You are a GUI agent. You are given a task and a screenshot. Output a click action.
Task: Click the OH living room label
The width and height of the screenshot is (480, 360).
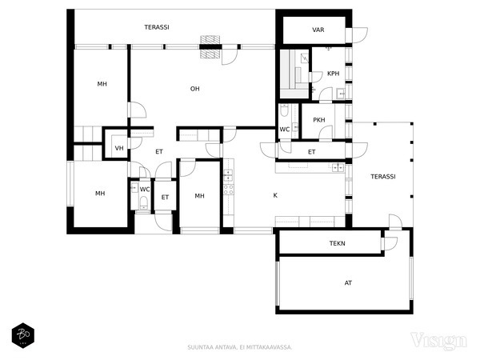[x=194, y=88]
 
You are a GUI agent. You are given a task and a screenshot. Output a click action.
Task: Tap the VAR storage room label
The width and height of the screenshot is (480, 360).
[x=318, y=30]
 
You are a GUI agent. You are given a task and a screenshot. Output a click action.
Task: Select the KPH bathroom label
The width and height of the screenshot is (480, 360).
[x=333, y=74]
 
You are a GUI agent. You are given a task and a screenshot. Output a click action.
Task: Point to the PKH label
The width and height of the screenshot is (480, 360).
[x=319, y=120]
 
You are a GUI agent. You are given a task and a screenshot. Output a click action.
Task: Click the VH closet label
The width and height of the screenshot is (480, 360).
[x=119, y=148]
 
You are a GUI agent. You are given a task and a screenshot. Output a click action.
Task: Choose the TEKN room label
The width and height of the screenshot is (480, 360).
[x=337, y=243]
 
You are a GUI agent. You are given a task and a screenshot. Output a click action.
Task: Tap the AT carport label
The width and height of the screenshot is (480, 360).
[x=348, y=282]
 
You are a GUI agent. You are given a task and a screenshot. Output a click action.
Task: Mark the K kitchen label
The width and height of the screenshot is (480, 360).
[x=275, y=194]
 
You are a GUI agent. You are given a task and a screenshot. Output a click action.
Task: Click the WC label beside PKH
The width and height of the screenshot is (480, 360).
[x=284, y=129]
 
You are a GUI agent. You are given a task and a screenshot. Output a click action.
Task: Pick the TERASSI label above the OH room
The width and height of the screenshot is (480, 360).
[x=156, y=27]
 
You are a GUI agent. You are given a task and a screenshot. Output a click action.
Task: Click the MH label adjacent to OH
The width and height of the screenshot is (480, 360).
[x=102, y=84]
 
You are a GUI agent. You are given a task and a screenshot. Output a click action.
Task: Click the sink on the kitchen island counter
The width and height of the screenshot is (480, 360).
[x=337, y=167]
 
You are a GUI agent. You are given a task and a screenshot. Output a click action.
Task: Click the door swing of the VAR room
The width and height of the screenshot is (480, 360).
[x=359, y=36]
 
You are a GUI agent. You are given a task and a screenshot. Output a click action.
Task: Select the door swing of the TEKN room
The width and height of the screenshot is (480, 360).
[x=390, y=243]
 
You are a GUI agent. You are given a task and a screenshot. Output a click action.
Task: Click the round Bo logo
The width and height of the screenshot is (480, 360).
[x=22, y=334]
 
